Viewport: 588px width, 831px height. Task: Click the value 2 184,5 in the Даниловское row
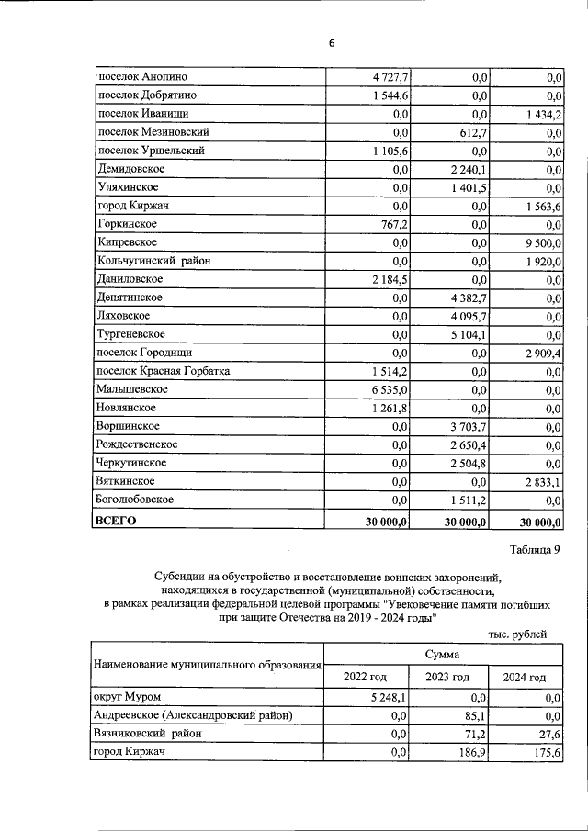[x=389, y=279]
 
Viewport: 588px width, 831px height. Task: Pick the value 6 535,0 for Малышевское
[x=389, y=389]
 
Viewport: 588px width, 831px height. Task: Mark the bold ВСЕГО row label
[x=116, y=521]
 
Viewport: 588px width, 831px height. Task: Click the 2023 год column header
[x=448, y=677]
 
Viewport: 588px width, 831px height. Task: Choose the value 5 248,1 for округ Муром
[x=389, y=697]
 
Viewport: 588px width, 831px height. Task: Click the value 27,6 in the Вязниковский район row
[x=548, y=734]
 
